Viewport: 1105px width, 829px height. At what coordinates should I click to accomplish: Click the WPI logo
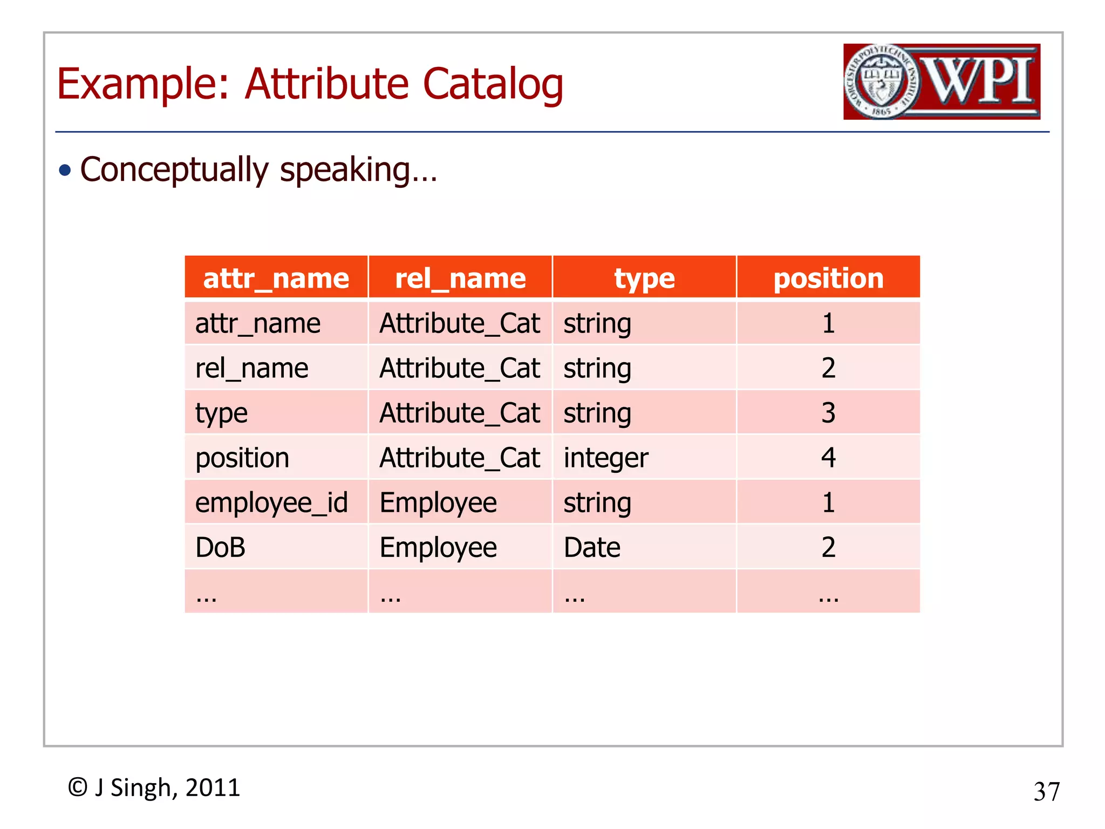point(942,81)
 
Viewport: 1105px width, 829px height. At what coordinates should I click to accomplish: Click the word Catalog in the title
point(493,84)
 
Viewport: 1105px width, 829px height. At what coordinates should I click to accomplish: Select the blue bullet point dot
point(65,171)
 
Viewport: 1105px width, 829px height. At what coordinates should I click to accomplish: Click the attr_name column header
point(276,278)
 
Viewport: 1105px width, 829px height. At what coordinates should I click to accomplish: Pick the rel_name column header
point(460,278)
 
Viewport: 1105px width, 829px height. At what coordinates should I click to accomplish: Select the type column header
point(644,278)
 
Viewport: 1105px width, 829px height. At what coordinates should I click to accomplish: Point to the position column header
point(828,278)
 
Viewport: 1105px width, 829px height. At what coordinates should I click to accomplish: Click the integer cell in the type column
point(605,458)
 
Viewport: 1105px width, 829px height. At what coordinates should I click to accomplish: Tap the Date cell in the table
point(592,548)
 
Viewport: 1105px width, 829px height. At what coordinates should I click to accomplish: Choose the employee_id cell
point(271,503)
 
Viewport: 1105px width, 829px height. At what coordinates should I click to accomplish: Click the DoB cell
point(220,548)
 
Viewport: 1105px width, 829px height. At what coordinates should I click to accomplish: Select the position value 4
point(828,458)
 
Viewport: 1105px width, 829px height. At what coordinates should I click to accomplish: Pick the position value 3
point(828,413)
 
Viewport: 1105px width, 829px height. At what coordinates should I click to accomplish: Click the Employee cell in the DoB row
point(438,548)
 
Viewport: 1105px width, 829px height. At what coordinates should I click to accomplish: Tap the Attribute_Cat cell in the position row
point(460,458)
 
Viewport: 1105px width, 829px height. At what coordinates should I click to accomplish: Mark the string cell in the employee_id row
point(597,503)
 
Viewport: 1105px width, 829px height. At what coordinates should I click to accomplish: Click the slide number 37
point(1046,792)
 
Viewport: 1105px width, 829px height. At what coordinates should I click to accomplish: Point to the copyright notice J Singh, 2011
point(154,788)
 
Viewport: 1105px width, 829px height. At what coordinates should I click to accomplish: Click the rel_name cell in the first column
point(251,369)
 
